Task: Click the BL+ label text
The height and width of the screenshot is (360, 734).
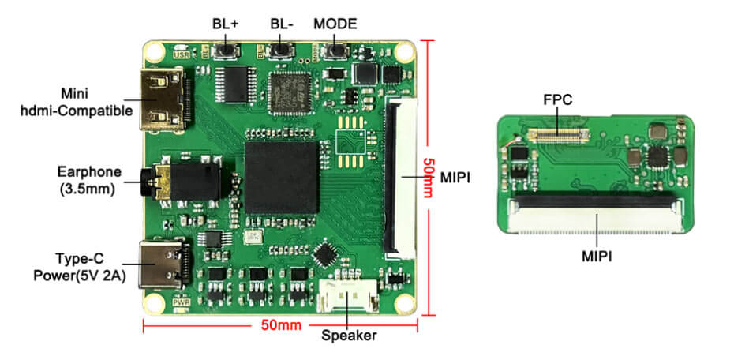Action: [225, 23]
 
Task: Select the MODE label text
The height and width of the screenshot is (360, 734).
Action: [335, 23]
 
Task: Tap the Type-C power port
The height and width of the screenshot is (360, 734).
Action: [163, 263]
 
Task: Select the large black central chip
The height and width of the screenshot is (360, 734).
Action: [282, 178]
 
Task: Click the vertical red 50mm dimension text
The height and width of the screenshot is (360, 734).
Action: [429, 177]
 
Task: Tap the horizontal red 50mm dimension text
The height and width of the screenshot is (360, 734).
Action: [279, 325]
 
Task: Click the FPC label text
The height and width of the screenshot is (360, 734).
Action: [558, 101]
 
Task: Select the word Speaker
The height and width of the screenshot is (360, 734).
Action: [349, 336]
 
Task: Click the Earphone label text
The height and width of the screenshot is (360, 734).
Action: [89, 173]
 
